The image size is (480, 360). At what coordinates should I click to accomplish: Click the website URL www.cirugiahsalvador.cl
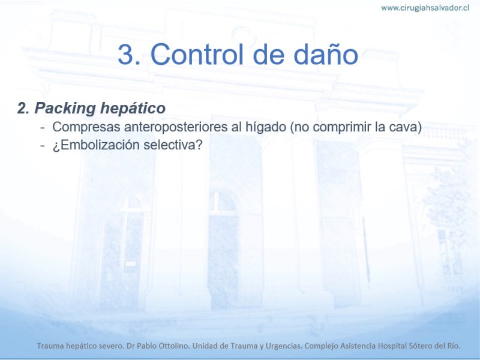425,8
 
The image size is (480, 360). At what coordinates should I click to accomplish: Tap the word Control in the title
197,54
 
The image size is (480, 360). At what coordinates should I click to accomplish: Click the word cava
403,127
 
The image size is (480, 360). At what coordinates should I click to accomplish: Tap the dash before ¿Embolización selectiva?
43,146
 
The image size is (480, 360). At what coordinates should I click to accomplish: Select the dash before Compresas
43,128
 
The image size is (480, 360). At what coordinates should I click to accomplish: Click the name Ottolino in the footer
173,346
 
